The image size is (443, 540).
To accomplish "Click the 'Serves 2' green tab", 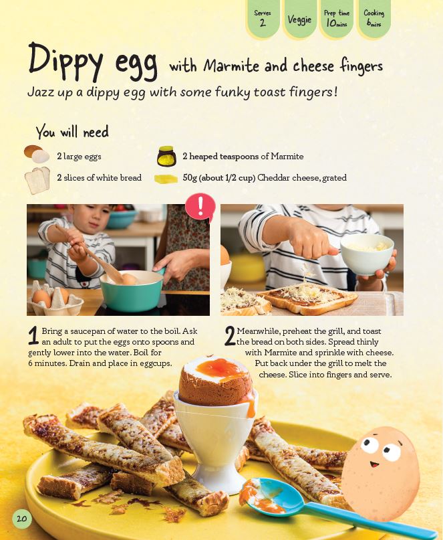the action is tap(263, 18).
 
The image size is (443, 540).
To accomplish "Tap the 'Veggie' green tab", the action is tap(299, 19).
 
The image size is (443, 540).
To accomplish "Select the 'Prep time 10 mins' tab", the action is tap(336, 18).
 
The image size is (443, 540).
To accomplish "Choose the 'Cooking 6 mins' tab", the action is tap(374, 18).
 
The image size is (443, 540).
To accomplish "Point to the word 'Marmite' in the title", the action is tap(231, 66).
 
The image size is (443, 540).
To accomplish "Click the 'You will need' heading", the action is tap(72, 132).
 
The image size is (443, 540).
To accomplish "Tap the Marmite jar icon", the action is tap(166, 157).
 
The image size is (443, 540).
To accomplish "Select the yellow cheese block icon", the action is tap(166, 179).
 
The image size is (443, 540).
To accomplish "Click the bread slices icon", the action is tap(37, 180).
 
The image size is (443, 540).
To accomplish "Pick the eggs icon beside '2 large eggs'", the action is tap(37, 154).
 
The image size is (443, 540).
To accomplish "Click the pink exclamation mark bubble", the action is tap(200, 207).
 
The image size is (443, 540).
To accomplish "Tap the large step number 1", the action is tap(33, 336).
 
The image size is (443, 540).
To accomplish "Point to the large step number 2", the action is tap(230, 336).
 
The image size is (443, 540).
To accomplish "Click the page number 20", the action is tap(21, 519).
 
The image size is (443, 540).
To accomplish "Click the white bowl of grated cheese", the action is tap(367, 254).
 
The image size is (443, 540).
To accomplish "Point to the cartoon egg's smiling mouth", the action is tap(374, 465).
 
